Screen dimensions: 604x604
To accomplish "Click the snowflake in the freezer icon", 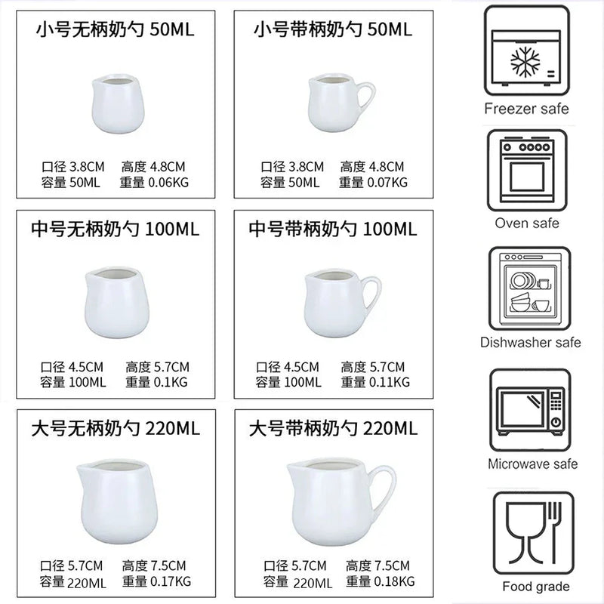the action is [525, 63].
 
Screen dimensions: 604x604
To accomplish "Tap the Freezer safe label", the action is [526, 109].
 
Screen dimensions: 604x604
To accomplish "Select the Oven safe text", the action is [527, 223].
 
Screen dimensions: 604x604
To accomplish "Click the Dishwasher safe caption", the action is [531, 343].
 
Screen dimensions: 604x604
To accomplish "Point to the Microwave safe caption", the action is [533, 464].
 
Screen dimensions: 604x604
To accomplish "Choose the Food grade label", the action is [536, 587].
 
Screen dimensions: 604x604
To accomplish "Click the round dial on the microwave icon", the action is [556, 422].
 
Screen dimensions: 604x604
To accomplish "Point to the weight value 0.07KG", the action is [387, 182].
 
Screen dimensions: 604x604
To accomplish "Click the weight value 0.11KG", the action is [390, 382].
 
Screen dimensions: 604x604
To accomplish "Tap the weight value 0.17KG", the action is [171, 581].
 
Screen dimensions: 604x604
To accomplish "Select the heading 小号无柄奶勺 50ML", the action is [116, 29].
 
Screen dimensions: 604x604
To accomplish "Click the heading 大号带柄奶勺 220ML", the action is [333, 429].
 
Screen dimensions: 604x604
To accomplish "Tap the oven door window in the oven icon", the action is [527, 177].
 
